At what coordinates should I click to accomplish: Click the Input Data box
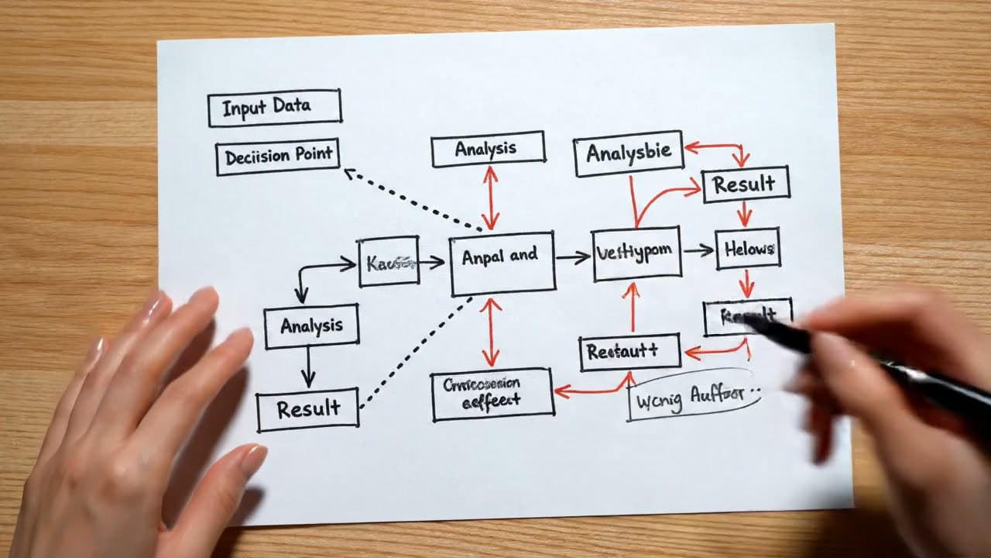point(274,108)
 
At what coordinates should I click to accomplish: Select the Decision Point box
point(278,157)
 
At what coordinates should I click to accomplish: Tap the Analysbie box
point(628,153)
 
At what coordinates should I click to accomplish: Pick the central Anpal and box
point(502,263)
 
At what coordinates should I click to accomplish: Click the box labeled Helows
point(747,249)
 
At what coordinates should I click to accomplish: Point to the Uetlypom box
point(636,253)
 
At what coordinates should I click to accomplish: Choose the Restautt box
point(629,352)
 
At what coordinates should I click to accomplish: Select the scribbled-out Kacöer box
point(389,262)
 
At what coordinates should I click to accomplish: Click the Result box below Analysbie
point(745,184)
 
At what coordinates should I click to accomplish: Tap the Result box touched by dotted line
point(307,408)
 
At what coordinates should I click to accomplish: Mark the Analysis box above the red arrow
point(488,149)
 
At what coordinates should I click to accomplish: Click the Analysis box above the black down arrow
point(310,326)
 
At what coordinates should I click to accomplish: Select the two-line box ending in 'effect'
point(492,394)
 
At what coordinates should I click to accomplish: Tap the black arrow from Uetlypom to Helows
point(698,250)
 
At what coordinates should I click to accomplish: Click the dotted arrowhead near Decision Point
point(348,171)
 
